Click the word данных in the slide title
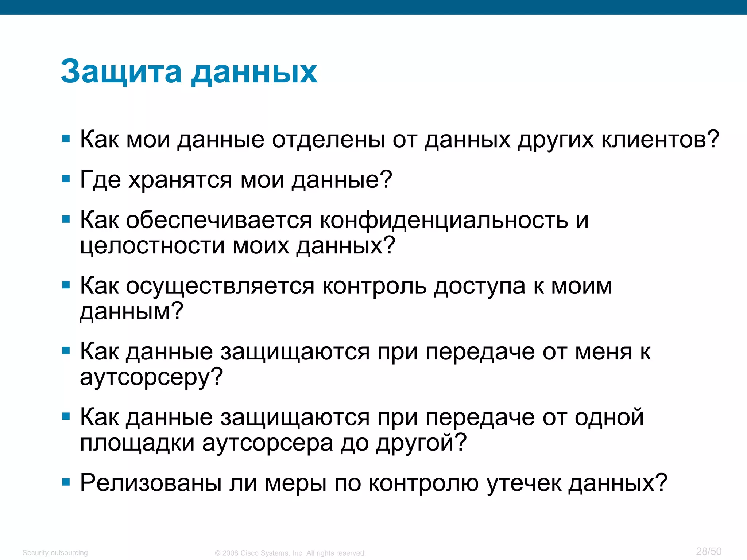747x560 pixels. coord(254,72)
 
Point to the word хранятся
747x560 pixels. coord(180,180)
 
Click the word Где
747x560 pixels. coord(100,180)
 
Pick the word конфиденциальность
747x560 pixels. coord(444,220)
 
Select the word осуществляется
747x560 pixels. coord(220,286)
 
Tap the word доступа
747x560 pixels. coord(480,286)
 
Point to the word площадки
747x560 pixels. coord(137,443)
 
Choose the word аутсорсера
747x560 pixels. coord(267,443)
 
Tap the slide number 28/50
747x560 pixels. coord(708,551)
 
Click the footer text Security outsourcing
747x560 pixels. coord(55,553)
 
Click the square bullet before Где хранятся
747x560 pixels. coord(66,179)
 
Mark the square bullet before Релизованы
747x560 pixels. coord(66,482)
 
